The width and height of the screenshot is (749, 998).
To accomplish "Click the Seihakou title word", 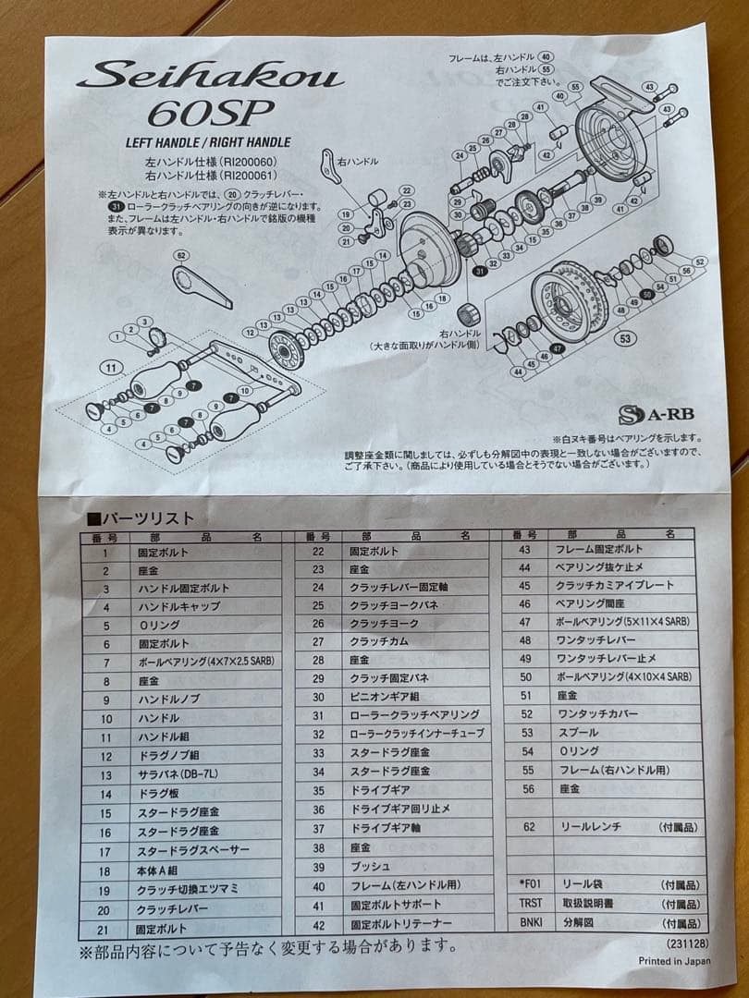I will (x=210, y=76).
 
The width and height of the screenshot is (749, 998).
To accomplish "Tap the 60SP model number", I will (x=210, y=115).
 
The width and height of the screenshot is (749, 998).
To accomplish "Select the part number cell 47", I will (x=524, y=622).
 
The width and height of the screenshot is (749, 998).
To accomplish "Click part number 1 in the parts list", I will (x=106, y=553).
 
